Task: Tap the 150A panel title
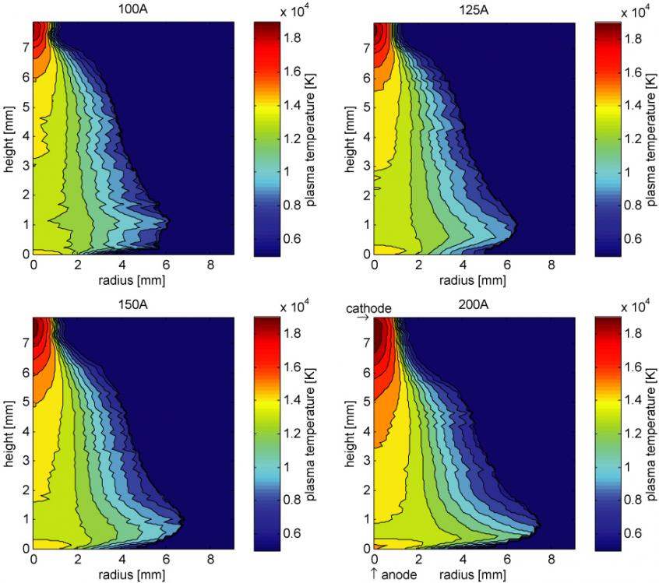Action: tap(131, 304)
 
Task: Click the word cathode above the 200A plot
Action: tap(369, 308)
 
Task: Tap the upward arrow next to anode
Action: tap(375, 574)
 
